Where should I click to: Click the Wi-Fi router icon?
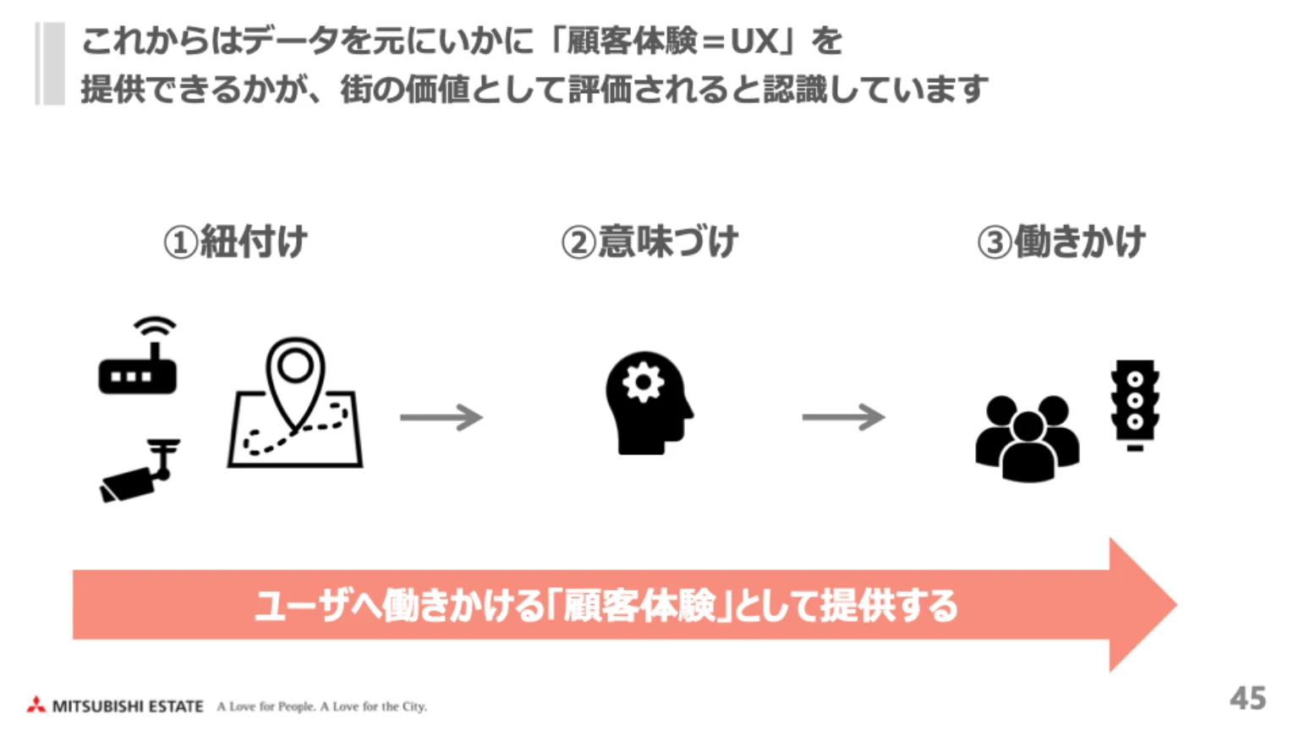pos(138,359)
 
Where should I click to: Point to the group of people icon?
pos(1027,437)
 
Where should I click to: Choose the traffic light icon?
pos(1135,404)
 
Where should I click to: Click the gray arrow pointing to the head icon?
pos(441,417)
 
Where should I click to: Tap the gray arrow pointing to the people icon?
pos(843,417)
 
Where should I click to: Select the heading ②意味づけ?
pos(649,242)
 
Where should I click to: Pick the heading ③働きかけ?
pos(1061,242)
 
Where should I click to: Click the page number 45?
pos(1247,698)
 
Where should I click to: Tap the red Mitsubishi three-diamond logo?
pos(36,705)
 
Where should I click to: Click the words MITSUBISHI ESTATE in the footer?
pos(128,706)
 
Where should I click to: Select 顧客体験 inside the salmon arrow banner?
pos(639,606)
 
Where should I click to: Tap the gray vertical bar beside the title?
pos(50,64)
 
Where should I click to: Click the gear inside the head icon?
pos(643,382)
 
